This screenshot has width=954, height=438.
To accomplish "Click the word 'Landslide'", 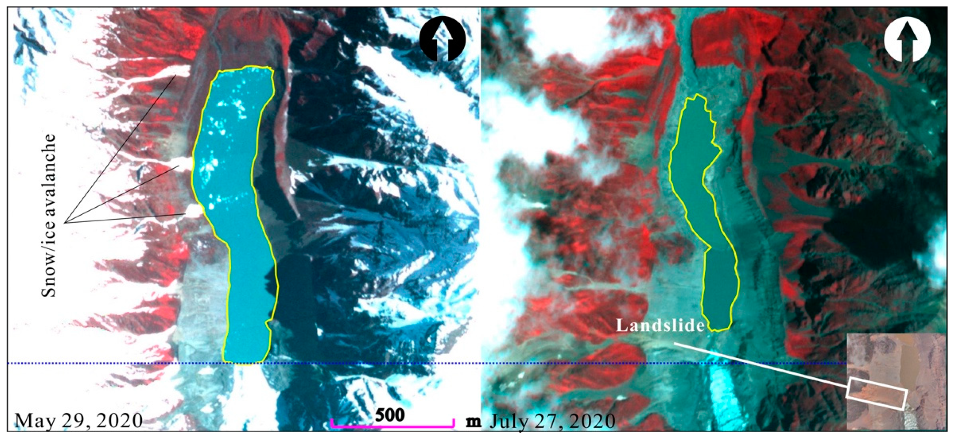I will tap(660, 325).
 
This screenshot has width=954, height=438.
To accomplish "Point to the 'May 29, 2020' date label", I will tap(79, 420).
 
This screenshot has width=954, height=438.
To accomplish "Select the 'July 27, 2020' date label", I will tap(553, 420).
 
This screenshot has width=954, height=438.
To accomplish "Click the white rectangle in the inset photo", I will tap(876, 398).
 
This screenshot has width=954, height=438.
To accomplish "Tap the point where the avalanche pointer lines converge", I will tap(65, 222).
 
